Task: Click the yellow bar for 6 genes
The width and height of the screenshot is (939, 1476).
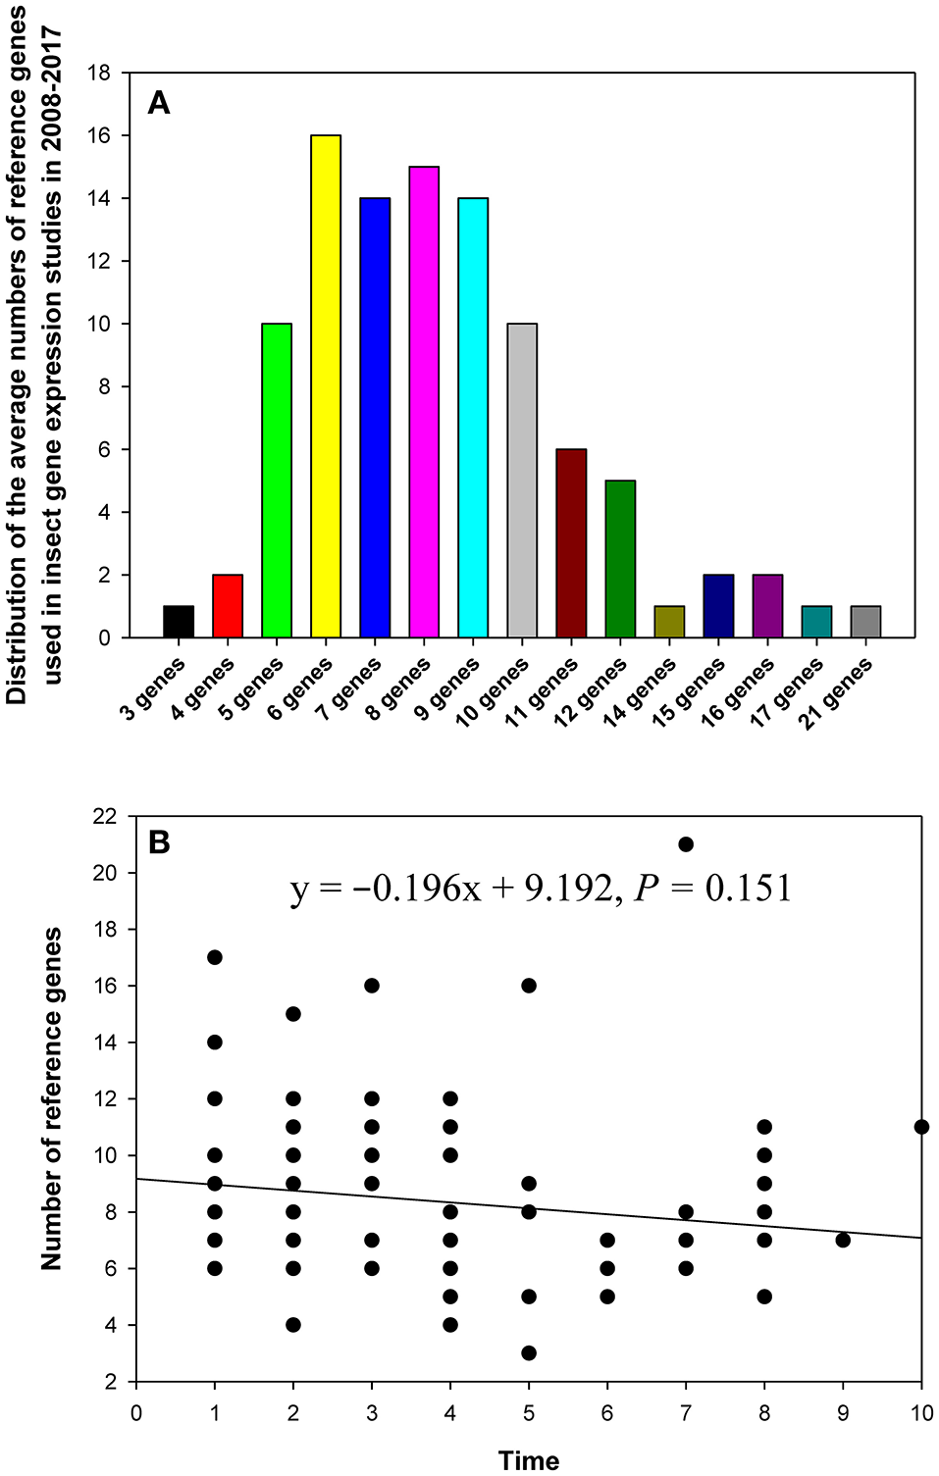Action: coord(326,386)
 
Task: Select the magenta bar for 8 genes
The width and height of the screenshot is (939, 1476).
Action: coord(424,402)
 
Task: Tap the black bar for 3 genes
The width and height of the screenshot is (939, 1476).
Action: coord(179,622)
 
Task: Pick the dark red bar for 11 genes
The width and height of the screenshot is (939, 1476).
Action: coord(571,543)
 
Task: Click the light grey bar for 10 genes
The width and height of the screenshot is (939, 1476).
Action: coord(522,481)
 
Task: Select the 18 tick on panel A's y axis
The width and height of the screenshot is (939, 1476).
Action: coord(99,73)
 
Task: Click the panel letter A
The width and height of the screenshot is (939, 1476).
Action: coord(158,102)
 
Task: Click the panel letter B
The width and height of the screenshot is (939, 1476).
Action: coord(158,842)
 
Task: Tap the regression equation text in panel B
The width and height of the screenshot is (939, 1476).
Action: coord(541,889)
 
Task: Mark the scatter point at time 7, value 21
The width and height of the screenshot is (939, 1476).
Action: coord(686,844)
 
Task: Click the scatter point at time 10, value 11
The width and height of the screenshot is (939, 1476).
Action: coord(921,1127)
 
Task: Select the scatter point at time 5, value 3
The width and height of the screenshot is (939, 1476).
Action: coord(529,1353)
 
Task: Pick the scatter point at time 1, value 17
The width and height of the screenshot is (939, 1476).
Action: coord(215,957)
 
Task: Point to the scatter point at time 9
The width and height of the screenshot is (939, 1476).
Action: coord(843,1241)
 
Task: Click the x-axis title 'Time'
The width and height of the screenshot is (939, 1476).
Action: coord(529,1460)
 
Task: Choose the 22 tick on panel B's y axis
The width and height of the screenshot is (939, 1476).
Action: coord(105,816)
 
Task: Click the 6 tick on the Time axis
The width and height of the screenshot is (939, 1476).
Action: coord(607,1413)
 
